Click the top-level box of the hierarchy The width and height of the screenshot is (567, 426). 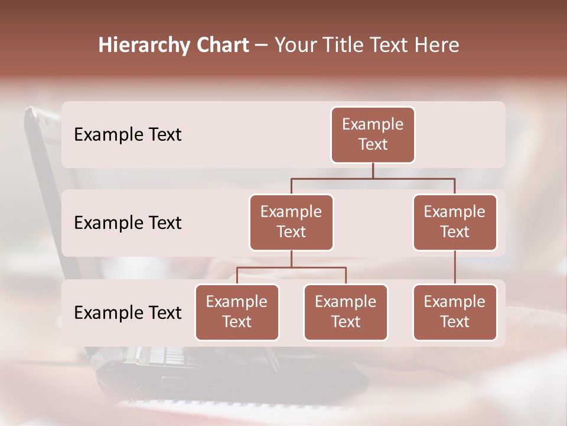[x=373, y=135]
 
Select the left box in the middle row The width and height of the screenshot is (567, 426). [x=291, y=222]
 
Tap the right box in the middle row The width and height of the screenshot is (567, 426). [x=455, y=222]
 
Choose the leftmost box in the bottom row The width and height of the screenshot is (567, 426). [x=237, y=312]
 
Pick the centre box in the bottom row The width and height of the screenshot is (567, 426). [x=346, y=312]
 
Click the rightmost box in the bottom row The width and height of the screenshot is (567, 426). [x=455, y=312]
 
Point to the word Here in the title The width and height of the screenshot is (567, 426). [x=438, y=46]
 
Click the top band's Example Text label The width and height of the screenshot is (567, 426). [x=128, y=135]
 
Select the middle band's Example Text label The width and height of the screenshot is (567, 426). [x=128, y=223]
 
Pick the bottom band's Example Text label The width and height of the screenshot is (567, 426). [x=128, y=312]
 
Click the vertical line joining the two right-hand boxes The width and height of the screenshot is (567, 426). [x=455, y=267]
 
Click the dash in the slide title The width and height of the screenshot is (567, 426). [x=261, y=46]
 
